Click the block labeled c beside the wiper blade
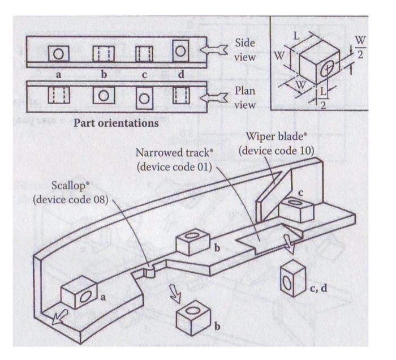click(295, 209)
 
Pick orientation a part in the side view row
click(58, 54)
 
